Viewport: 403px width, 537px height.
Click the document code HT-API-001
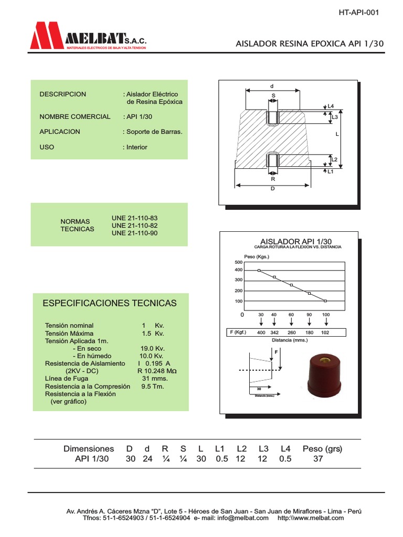tap(358, 13)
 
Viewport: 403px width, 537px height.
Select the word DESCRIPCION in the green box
tap(62, 94)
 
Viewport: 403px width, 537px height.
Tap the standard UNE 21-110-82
tap(135, 225)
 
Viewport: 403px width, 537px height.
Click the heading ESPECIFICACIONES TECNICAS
tap(109, 303)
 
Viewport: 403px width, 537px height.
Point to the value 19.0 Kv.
tap(153, 348)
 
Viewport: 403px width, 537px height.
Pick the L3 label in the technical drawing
tap(335, 117)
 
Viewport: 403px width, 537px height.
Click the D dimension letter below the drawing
tap(273, 189)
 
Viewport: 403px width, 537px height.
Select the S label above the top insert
tap(273, 95)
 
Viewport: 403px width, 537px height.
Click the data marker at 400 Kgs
tap(259, 270)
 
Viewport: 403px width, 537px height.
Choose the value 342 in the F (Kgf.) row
tap(274, 332)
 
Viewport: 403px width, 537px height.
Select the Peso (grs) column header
tap(322, 449)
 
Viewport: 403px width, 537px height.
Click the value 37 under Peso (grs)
tap(318, 459)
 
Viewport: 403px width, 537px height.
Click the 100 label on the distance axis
tap(325, 315)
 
